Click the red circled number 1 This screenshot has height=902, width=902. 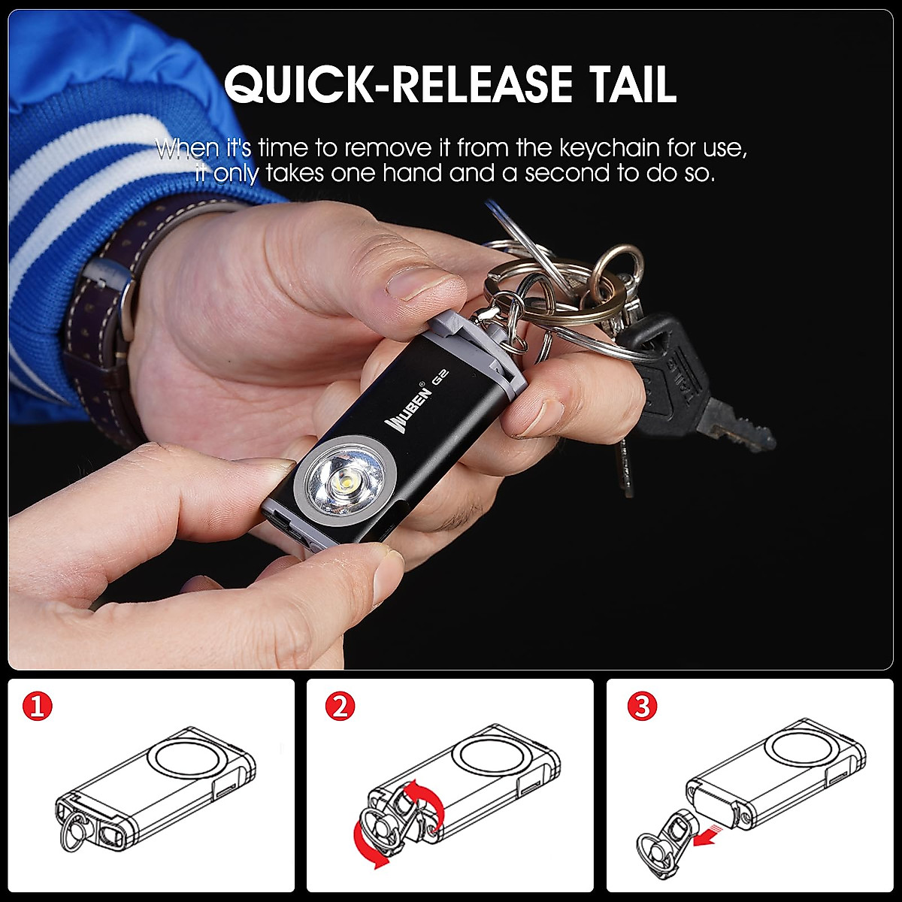[38, 706]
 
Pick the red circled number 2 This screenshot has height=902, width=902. [339, 706]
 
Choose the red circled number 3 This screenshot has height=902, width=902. [641, 706]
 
